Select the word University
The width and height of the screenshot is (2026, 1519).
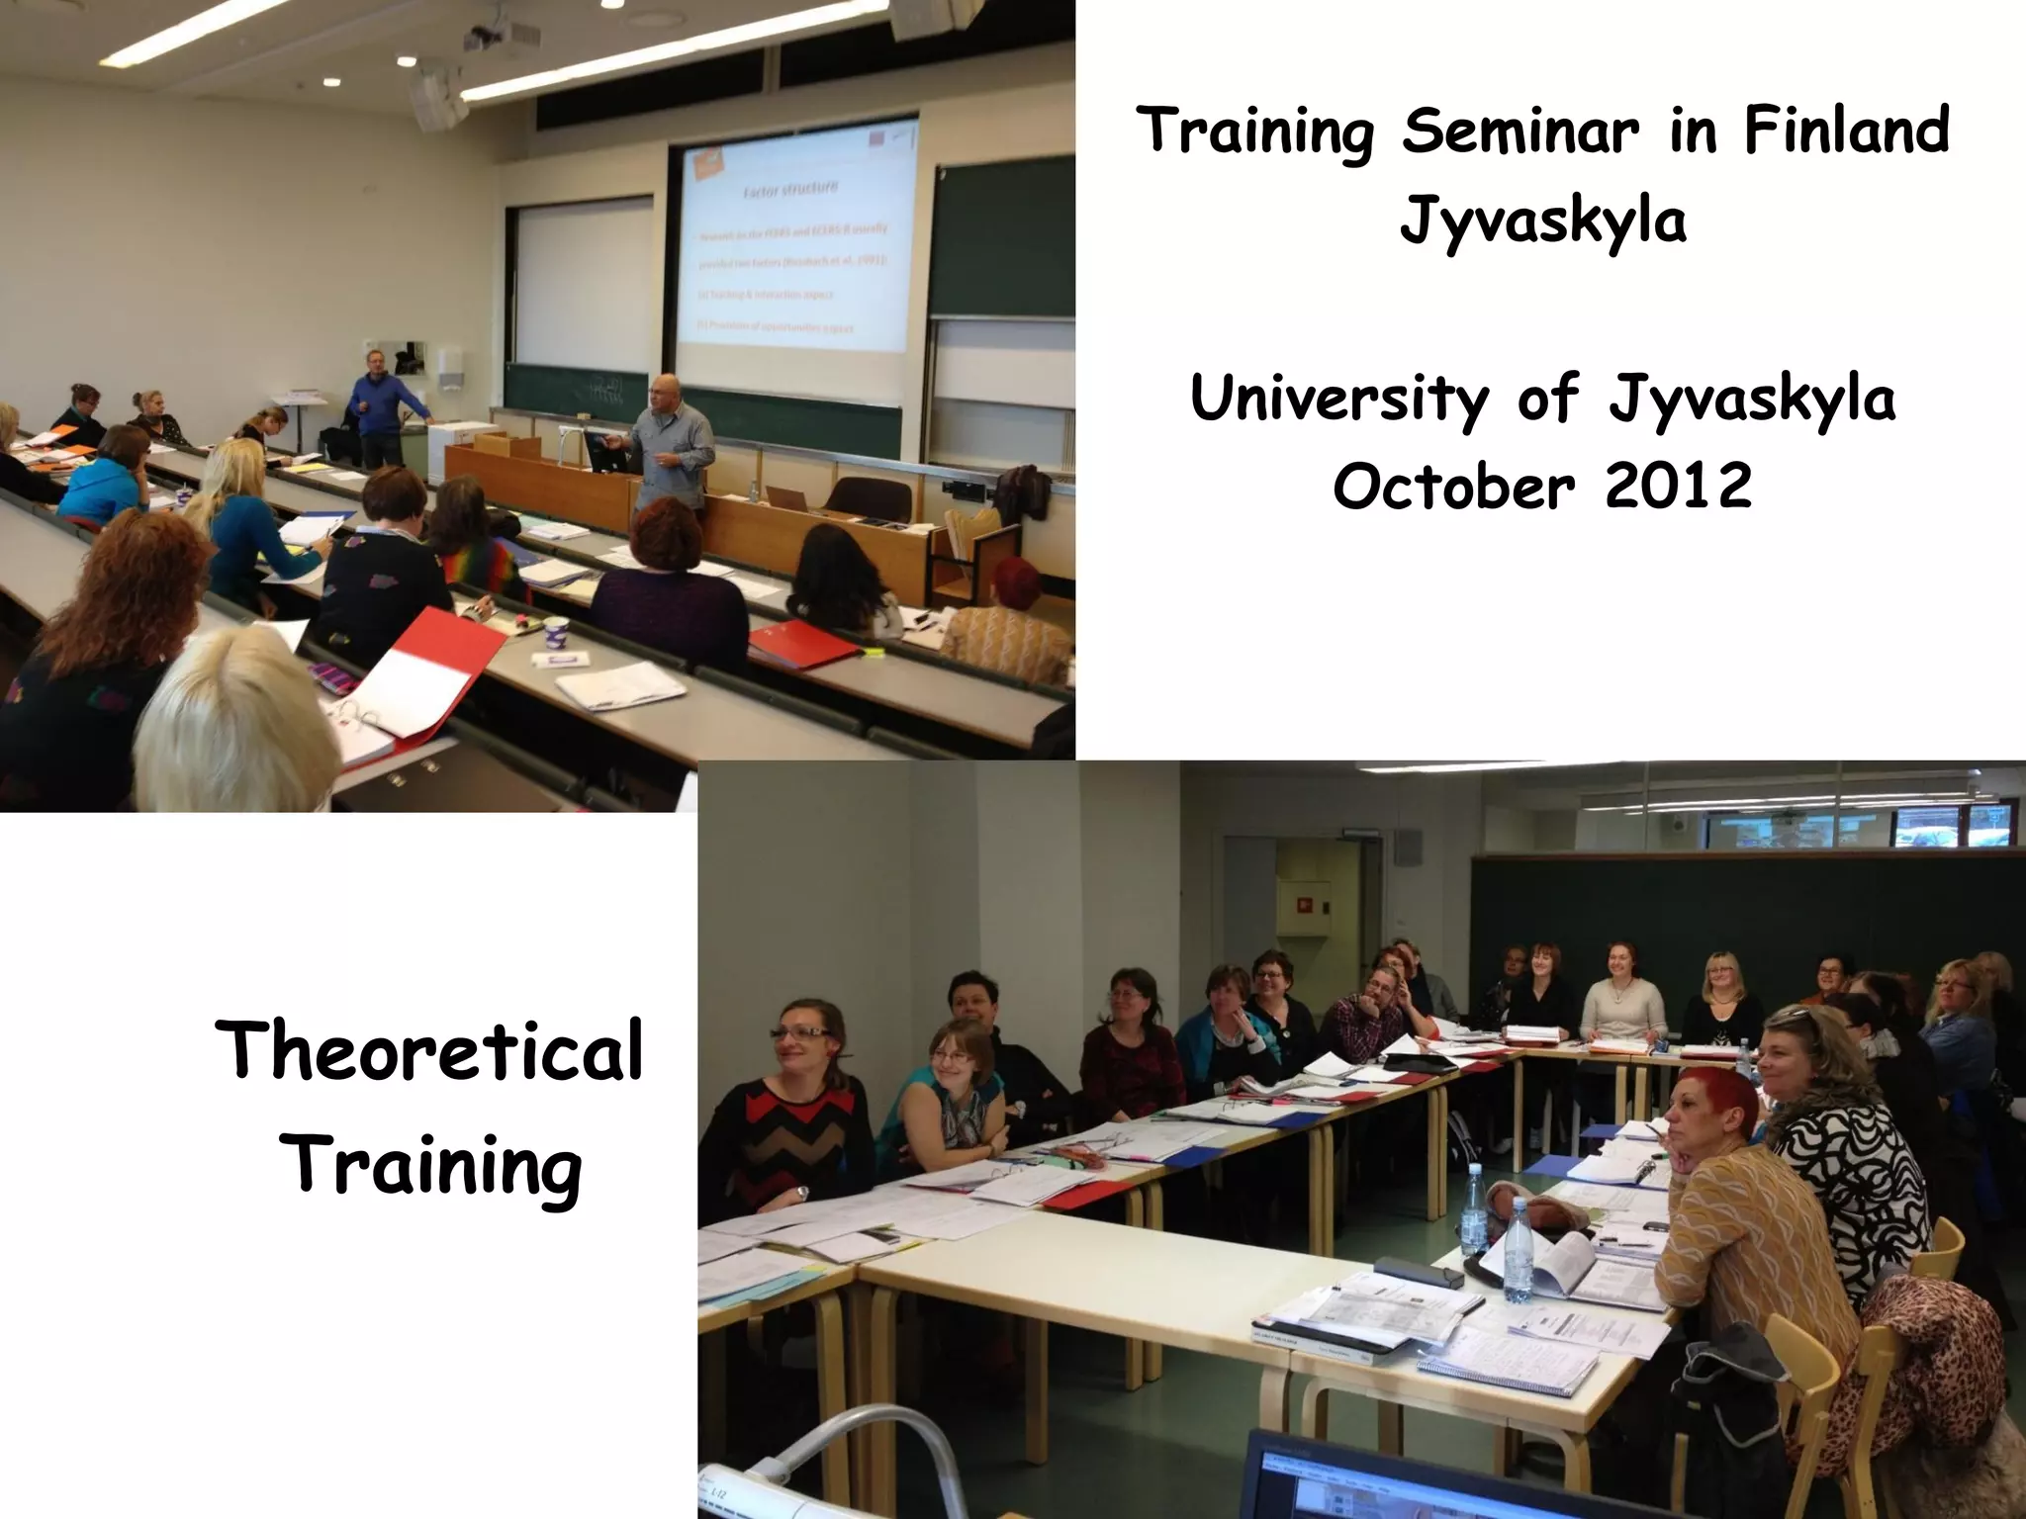tap(1338, 399)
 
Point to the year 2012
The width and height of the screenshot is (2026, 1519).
tap(1678, 487)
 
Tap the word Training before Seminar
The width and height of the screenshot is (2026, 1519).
tap(1255, 134)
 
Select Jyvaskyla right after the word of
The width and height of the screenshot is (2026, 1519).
tap(1752, 401)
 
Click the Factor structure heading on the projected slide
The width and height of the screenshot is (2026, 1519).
tap(790, 188)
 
